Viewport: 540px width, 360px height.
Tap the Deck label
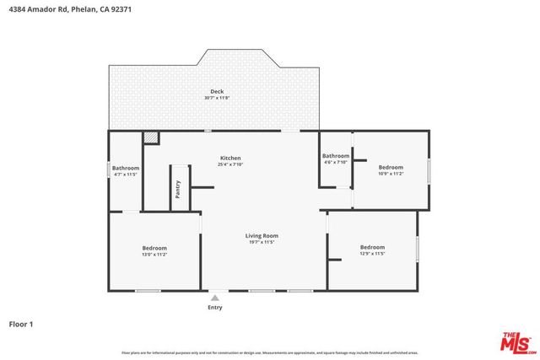[216, 91]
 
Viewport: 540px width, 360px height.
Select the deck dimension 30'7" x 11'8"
[216, 98]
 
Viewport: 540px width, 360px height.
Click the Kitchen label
[230, 158]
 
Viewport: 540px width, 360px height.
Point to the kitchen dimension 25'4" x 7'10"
[230, 164]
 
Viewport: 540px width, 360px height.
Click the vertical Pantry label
[178, 190]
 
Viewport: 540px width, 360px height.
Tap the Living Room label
[262, 235]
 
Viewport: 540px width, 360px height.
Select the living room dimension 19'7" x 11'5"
[262, 242]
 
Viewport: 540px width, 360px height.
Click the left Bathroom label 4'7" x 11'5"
[126, 168]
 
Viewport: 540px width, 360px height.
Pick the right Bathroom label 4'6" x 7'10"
[335, 156]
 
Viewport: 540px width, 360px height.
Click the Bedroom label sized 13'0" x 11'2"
[154, 247]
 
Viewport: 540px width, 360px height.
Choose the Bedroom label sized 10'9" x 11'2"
[391, 167]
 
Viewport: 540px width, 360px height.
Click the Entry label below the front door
[215, 308]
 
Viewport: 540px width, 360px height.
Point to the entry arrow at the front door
[215, 298]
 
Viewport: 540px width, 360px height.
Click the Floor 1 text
[21, 324]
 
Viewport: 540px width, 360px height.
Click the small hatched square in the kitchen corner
[151, 137]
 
